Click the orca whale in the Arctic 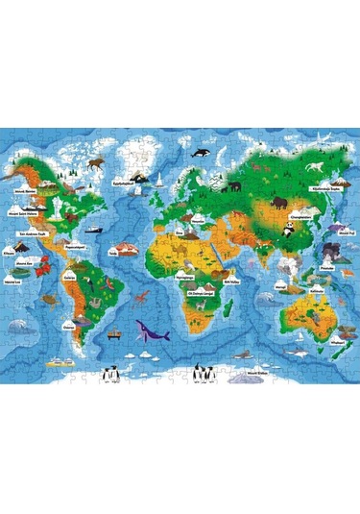pyautogui.click(x=202, y=153)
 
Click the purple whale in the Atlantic pyautogui.click(x=154, y=333)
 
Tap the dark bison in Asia pyautogui.click(x=278, y=203)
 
